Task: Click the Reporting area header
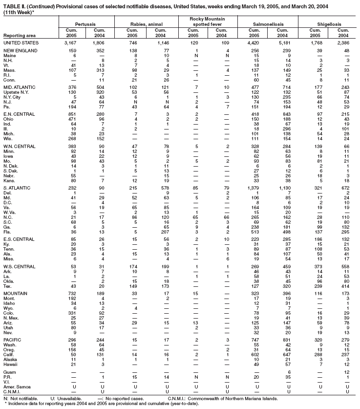19,35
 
